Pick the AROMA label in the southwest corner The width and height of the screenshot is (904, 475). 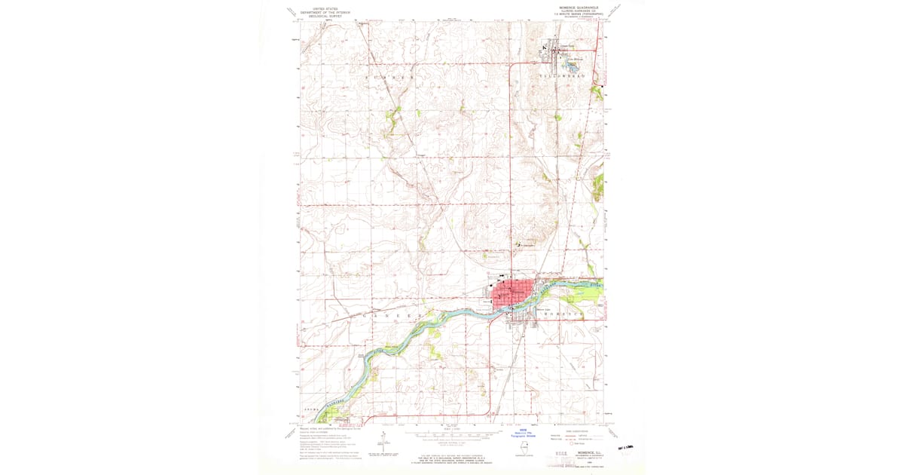point(312,409)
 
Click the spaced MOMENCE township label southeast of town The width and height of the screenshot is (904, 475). point(567,313)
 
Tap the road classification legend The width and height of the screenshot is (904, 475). point(579,437)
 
